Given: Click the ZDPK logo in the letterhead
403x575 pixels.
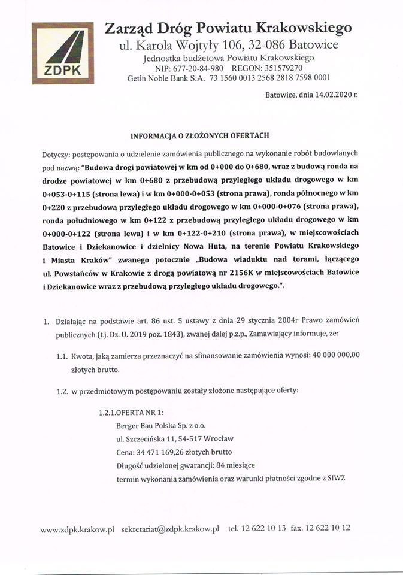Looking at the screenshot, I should (63, 53).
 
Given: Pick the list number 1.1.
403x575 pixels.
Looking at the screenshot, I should (62, 356).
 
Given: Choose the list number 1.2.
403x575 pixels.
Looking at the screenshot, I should (62, 391).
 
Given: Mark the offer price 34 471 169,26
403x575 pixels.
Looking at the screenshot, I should (167, 452).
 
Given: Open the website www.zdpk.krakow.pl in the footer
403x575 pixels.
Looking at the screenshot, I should (77, 529).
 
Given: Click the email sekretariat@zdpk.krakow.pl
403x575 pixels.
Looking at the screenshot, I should (170, 529).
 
